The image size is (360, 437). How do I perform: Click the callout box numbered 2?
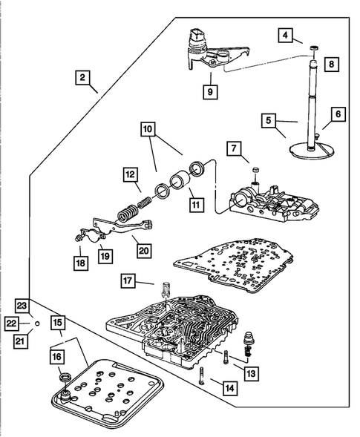coord(82,77)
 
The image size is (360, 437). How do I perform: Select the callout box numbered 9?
coord(210,92)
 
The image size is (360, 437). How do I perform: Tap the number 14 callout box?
coord(230,388)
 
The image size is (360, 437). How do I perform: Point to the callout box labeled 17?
coord(128,280)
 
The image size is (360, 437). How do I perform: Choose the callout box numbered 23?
coord(22,306)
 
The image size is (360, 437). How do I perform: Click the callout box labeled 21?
coord(21,341)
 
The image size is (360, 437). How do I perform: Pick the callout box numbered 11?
coord(196,205)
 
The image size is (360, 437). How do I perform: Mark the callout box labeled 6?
coord(338,114)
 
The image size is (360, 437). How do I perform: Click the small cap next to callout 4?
coord(314,48)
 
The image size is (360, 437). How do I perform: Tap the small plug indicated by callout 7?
coord(255,170)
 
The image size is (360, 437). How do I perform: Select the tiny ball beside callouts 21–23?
coord(37,323)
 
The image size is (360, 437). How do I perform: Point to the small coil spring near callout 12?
coord(144,203)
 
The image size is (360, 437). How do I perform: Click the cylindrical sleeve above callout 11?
coord(180,181)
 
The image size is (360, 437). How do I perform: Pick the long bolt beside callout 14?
coord(202,375)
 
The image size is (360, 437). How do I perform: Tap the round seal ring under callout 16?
coord(65,378)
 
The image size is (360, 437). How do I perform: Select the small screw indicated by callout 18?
coord(78,237)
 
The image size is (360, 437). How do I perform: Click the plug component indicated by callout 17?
coord(165,289)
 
